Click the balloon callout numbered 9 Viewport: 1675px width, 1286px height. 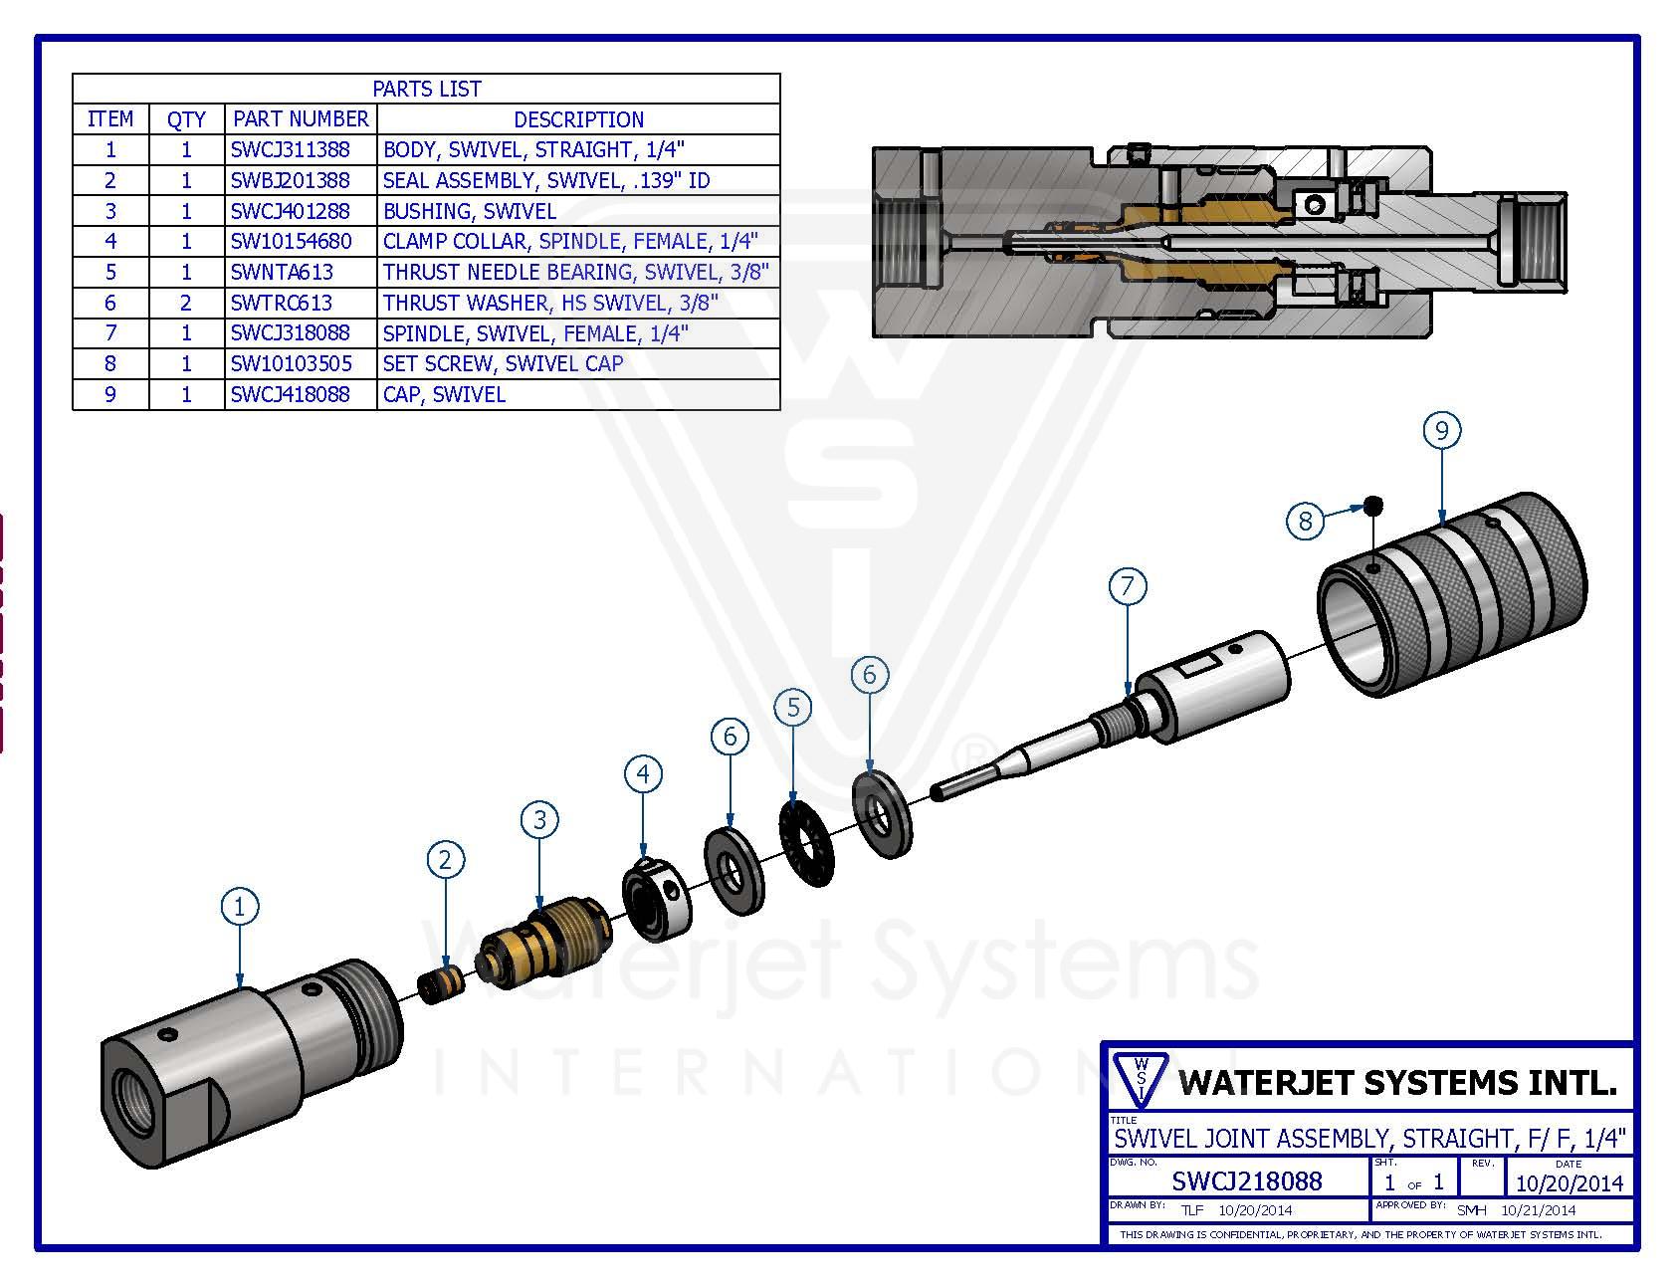tap(1441, 430)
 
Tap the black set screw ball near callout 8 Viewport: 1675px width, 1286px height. tap(1374, 506)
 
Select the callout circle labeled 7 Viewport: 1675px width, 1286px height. tap(1127, 586)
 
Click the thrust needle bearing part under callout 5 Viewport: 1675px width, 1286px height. tap(806, 841)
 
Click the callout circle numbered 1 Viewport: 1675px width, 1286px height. tap(239, 907)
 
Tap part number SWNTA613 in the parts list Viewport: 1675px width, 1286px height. tap(282, 272)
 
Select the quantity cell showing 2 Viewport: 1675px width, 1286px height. tap(186, 303)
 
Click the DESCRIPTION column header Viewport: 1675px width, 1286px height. tap(578, 119)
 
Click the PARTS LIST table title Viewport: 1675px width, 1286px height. tap(426, 89)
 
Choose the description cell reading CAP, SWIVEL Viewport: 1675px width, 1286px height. tap(444, 394)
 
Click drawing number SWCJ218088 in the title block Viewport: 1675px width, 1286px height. tap(1246, 1180)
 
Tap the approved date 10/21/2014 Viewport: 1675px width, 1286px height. tap(1539, 1210)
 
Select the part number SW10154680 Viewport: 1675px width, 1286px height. tap(291, 241)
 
